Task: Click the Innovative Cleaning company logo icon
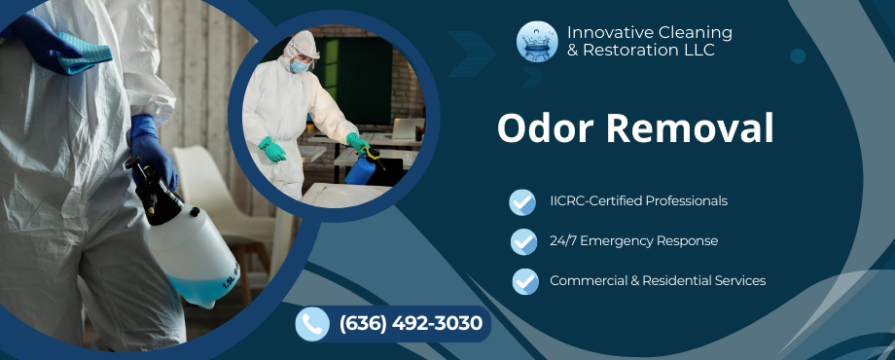point(537,42)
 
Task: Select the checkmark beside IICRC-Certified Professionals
point(522,201)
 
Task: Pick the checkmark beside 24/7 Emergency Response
point(523,241)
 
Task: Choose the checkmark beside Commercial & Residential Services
point(525,281)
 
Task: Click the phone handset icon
point(311,324)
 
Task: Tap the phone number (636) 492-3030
point(411,324)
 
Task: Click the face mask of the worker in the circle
point(300,67)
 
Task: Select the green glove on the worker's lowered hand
point(271,150)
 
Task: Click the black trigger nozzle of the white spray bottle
point(146,185)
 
